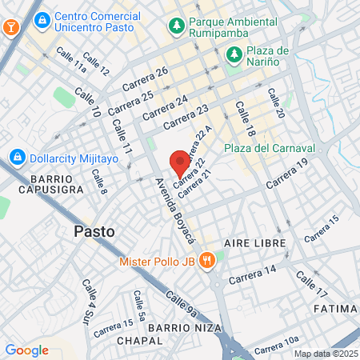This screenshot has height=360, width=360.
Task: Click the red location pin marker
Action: click(180, 163)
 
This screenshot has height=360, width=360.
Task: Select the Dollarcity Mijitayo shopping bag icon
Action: click(16, 156)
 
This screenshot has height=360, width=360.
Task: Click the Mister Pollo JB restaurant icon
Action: click(206, 260)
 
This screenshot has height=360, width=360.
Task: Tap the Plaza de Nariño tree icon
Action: click(234, 54)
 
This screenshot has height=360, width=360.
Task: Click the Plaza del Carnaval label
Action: click(270, 149)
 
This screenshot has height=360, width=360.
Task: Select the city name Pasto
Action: click(94, 231)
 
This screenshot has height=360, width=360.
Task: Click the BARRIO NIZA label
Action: click(178, 327)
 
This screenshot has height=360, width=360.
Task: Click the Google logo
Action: click(26, 350)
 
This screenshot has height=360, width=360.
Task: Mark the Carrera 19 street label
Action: click(286, 174)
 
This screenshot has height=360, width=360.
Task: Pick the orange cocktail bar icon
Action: click(11, 26)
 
